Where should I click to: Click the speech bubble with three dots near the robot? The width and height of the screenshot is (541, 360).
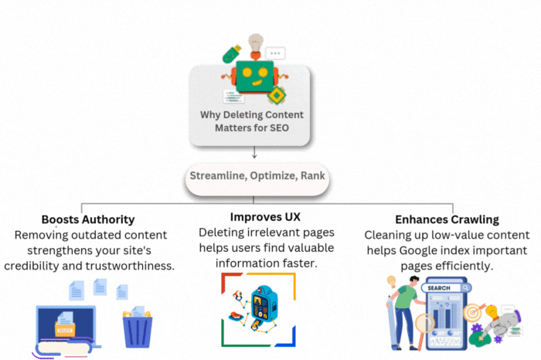tap(274, 53)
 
